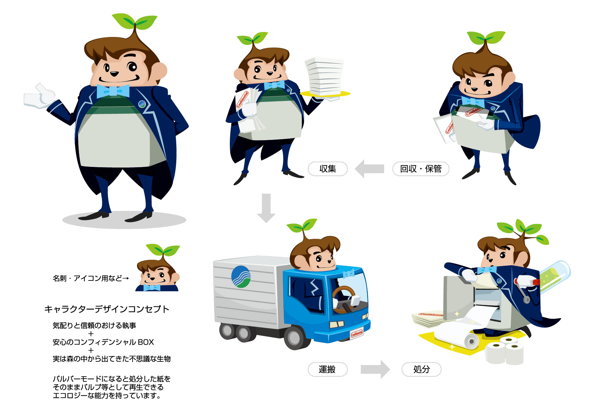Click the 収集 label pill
pyautogui.click(x=327, y=169)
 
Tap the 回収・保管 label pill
pyautogui.click(x=420, y=169)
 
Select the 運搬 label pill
pyautogui.click(x=327, y=369)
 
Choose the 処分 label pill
pyautogui.click(x=421, y=369)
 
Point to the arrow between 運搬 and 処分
pyautogui.click(x=375, y=369)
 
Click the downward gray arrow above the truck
pyautogui.click(x=266, y=208)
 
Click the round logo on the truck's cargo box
pyautogui.click(x=241, y=276)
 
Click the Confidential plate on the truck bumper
pyautogui.click(x=356, y=333)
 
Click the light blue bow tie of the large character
pyautogui.click(x=113, y=91)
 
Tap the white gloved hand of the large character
pyautogui.click(x=39, y=97)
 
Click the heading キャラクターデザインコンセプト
pyautogui.click(x=107, y=309)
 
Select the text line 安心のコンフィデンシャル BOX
pyautogui.click(x=103, y=342)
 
